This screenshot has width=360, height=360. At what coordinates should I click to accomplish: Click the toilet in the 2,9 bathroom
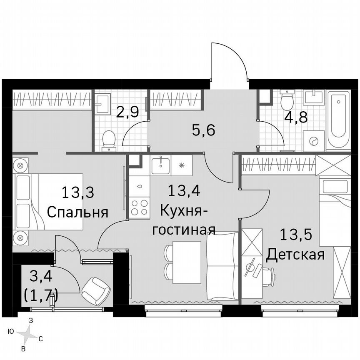[x=109, y=140]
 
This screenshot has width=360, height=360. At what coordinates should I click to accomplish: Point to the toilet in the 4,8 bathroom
[x=287, y=100]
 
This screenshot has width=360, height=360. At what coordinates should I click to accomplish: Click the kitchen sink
[x=160, y=165]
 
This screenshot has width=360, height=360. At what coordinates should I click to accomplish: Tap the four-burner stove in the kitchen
[x=140, y=207]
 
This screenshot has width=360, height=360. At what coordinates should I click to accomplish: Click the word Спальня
[x=77, y=212]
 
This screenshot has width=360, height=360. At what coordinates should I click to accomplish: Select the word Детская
[x=295, y=254]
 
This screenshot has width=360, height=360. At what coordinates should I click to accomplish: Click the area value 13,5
[x=295, y=235]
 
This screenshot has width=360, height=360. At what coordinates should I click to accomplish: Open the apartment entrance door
[x=229, y=62]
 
